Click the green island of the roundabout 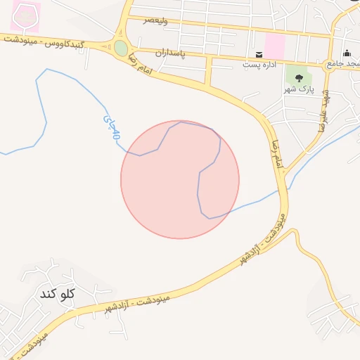click(x=121, y=48)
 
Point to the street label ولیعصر click(x=155, y=20)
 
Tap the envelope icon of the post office click(x=259, y=55)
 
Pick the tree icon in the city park click(x=299, y=77)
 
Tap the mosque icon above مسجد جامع click(x=347, y=53)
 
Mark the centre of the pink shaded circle click(x=180, y=179)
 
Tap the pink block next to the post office click(x=274, y=46)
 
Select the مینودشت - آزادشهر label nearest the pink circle click(x=261, y=239)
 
